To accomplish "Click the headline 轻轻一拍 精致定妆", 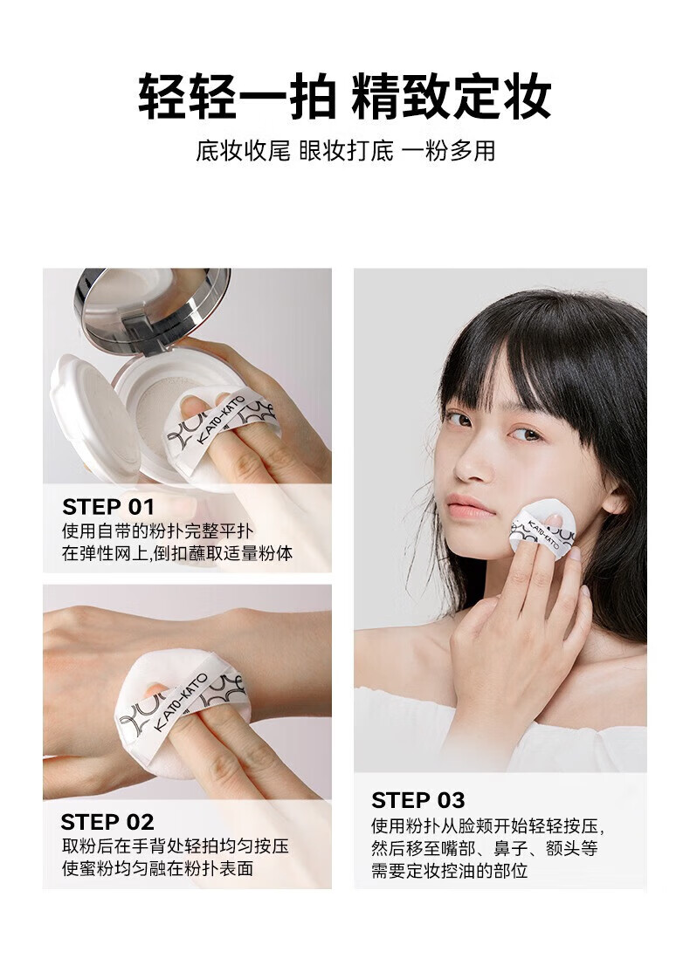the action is [344, 97].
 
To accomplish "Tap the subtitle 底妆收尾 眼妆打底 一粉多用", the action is [345, 151].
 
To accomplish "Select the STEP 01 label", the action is [108, 506].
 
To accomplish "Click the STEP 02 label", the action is [107, 822].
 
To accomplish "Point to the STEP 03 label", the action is [418, 800].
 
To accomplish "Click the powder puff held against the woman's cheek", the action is [542, 527].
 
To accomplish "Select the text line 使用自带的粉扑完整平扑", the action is [157, 531].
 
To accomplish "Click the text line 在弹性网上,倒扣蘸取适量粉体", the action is [176, 553].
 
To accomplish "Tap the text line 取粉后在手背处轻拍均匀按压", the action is [175, 846].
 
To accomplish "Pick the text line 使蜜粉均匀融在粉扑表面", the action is [157, 868].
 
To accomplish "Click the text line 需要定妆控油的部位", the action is [449, 870].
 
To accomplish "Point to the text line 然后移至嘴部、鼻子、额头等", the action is [484, 848].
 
